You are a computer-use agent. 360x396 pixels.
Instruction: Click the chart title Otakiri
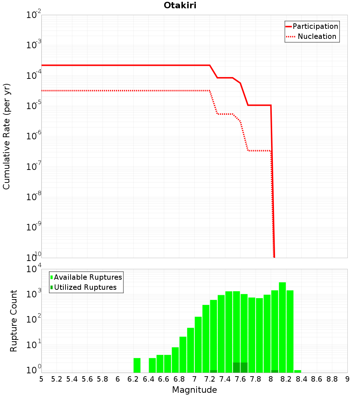point(180,5)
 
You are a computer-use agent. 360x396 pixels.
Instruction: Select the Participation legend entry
point(312,26)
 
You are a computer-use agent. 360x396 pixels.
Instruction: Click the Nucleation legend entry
point(311,36)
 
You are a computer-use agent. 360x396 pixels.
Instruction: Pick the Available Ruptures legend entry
point(86,277)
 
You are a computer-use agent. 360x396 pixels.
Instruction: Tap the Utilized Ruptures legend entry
point(84,287)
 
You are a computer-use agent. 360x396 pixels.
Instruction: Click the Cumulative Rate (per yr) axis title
point(6,136)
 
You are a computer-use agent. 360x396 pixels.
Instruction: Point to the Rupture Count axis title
point(13,321)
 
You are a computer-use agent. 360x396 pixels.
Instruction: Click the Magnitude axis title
point(194,390)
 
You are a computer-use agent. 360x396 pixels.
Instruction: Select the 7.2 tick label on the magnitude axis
point(210,379)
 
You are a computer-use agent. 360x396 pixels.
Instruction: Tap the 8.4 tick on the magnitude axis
point(301,379)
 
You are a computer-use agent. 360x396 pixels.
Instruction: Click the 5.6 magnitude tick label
point(87,379)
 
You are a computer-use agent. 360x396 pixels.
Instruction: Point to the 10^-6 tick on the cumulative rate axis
point(34,136)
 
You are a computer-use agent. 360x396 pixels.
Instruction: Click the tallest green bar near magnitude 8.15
point(283,327)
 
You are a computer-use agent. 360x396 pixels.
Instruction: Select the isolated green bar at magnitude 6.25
point(137,365)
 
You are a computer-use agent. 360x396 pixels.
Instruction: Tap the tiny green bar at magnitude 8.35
point(298,371)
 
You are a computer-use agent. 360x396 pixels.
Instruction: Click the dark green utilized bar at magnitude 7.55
point(237,368)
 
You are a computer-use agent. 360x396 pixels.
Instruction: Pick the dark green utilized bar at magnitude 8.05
point(275,371)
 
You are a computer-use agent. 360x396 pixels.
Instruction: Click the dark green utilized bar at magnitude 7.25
point(213,371)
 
